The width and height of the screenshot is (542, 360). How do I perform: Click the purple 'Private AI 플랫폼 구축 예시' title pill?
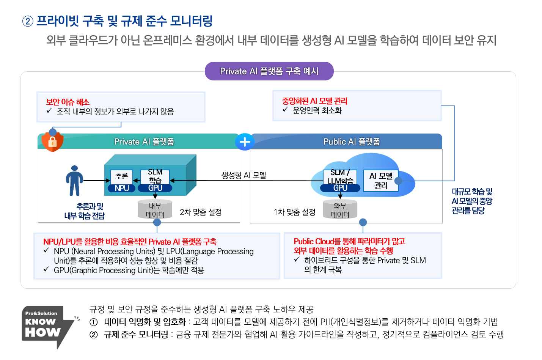click(269, 71)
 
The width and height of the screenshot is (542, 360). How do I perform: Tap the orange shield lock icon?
click(52, 141)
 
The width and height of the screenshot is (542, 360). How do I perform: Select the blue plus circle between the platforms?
click(245, 142)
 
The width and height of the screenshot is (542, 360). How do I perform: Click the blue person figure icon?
click(74, 181)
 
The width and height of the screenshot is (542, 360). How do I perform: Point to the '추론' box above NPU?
click(122, 176)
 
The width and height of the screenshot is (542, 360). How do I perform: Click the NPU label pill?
click(122, 188)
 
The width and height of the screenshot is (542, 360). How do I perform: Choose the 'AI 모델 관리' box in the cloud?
click(381, 181)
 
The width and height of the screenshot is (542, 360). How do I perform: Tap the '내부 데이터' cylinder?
click(155, 210)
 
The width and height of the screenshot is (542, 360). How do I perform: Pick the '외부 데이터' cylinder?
click(340, 210)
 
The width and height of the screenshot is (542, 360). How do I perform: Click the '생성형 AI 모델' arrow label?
click(244, 175)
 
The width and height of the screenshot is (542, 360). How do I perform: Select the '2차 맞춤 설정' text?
click(201, 212)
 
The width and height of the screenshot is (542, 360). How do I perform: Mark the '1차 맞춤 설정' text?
click(294, 212)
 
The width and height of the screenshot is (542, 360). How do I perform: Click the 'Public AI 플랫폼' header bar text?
click(352, 142)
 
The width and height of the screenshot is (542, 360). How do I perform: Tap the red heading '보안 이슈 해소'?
click(68, 102)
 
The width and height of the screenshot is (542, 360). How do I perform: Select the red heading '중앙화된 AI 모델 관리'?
click(314, 101)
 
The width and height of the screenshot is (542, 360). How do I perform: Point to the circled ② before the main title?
click(28, 21)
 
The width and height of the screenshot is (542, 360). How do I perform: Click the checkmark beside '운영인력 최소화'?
click(285, 110)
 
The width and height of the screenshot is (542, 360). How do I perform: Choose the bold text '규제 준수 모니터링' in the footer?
click(136, 334)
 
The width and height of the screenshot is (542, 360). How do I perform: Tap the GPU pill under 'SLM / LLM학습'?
click(340, 188)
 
